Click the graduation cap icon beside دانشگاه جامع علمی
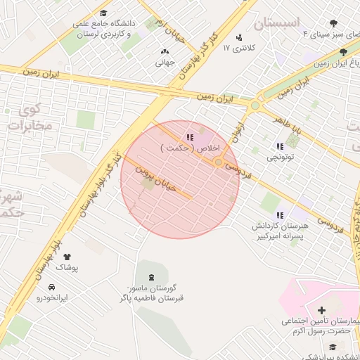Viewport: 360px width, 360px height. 103,13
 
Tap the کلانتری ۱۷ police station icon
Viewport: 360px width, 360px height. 239,37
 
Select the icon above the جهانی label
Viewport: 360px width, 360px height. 165,51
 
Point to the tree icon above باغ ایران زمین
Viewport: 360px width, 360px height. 343,52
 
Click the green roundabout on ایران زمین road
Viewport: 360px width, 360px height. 255,105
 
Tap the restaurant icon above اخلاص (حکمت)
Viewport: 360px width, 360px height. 188,136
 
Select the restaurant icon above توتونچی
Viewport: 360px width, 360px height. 279,146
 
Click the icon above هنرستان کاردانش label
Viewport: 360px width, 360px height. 279,215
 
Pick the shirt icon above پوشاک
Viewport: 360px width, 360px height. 67,257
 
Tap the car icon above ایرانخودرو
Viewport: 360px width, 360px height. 52,287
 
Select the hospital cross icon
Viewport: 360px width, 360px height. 321,310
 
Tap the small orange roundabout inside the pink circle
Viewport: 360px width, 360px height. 219,162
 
